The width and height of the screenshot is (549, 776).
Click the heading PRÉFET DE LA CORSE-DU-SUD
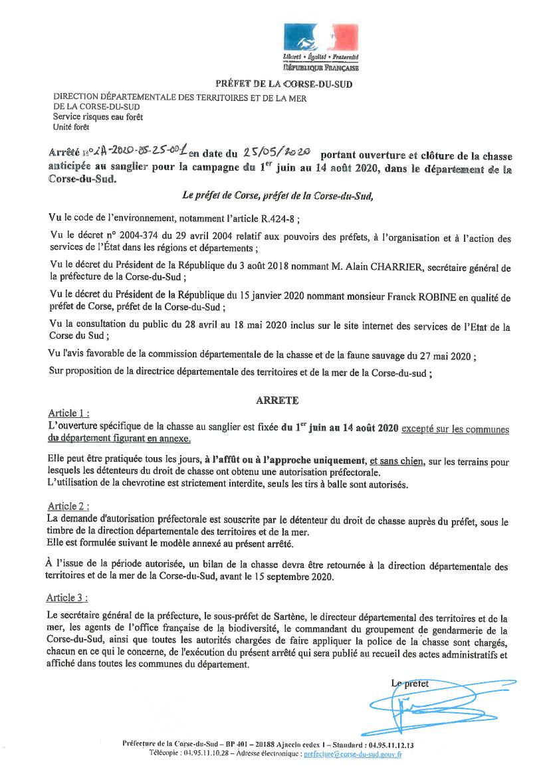point(283,84)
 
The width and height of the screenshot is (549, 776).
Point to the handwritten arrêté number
point(136,153)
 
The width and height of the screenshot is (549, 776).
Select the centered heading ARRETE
point(277,401)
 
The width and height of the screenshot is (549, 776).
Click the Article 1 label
point(69,413)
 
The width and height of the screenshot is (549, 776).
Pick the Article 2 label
point(69,506)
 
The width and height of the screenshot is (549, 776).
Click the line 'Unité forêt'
point(71,126)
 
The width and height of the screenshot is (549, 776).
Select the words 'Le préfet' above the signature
point(410,683)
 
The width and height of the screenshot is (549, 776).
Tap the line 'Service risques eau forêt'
point(98,116)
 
